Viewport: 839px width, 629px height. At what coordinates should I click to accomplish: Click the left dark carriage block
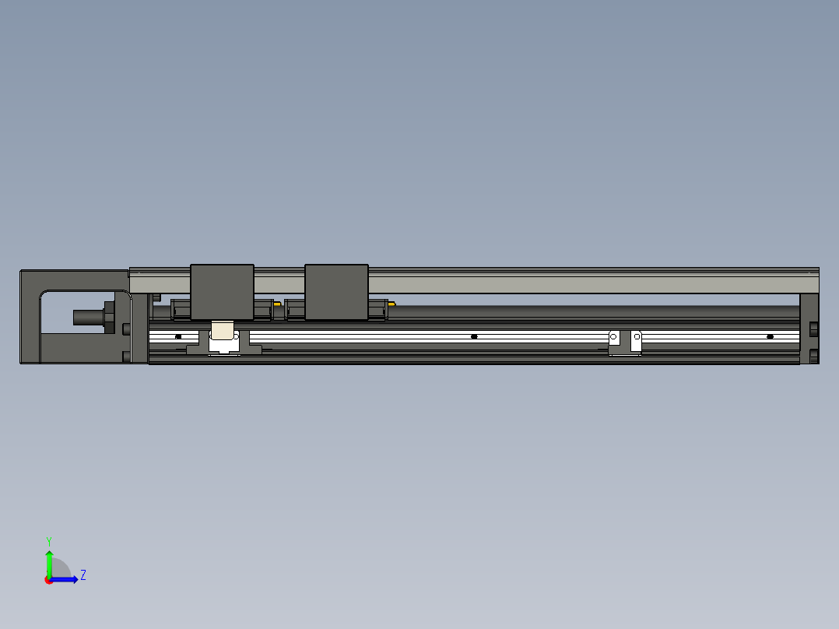(222, 291)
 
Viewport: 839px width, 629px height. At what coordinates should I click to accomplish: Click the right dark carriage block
(336, 291)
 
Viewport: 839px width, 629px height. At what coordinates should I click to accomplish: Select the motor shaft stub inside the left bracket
(87, 317)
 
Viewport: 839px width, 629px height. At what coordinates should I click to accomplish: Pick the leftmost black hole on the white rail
(178, 336)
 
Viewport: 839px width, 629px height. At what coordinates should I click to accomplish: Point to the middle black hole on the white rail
(474, 336)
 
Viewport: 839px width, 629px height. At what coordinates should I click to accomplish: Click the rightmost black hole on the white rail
(770, 336)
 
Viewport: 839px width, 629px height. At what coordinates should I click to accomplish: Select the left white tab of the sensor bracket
(614, 337)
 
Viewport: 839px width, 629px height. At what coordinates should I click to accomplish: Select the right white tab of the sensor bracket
(636, 337)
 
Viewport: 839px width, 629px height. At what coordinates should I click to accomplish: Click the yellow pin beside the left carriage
(277, 304)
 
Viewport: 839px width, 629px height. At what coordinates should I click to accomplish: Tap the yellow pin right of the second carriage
(391, 304)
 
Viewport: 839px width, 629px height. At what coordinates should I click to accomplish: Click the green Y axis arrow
(49, 562)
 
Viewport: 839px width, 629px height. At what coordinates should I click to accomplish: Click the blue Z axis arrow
(67, 579)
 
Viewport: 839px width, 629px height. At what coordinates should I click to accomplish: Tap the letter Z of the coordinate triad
(82, 575)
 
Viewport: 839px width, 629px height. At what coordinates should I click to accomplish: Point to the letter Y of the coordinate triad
(49, 540)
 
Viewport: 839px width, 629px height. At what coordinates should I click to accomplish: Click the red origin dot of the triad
(49, 580)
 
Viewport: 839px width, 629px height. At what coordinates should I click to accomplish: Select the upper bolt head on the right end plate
(814, 329)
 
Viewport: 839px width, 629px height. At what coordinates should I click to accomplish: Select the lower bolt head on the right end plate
(814, 357)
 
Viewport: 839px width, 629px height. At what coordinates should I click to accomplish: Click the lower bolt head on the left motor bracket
(126, 357)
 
